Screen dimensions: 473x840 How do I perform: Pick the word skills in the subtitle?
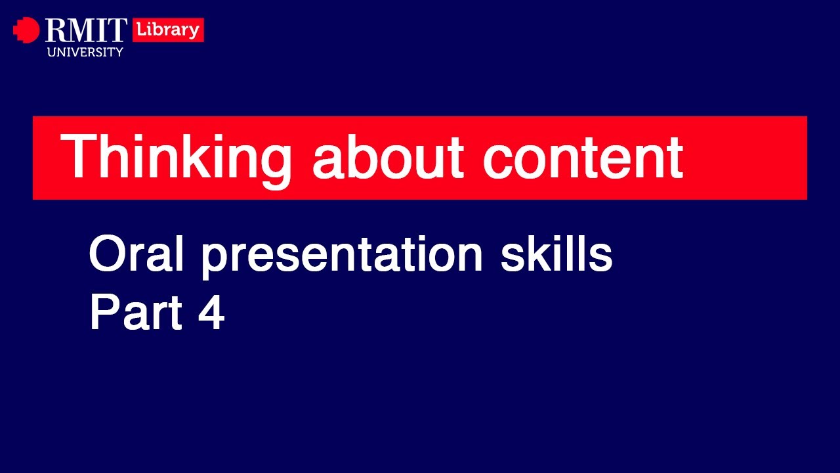click(556, 255)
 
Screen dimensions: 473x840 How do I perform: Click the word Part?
click(135, 313)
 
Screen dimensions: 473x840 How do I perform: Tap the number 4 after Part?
click(211, 313)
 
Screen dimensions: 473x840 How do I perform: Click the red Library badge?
click(168, 30)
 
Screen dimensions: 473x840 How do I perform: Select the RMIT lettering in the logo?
click(85, 31)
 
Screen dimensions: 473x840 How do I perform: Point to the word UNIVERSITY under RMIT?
click(85, 52)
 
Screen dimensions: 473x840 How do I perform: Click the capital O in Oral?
click(106, 255)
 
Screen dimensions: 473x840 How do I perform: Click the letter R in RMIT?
click(54, 31)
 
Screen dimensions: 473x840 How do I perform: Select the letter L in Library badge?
click(140, 30)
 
